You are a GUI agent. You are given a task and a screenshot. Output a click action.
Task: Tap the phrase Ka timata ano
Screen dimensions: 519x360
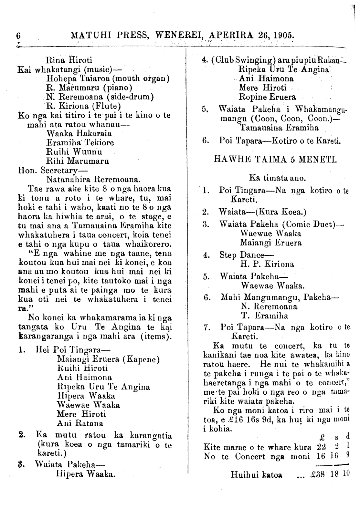[x=278, y=178]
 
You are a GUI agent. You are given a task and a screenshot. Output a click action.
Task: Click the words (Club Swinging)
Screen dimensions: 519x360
[x=243, y=60]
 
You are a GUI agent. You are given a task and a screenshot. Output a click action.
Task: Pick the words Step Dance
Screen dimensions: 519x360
[x=246, y=255]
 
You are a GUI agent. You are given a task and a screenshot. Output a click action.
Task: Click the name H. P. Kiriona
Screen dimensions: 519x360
[x=267, y=264]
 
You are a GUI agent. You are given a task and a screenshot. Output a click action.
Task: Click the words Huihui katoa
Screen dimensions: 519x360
[x=256, y=475]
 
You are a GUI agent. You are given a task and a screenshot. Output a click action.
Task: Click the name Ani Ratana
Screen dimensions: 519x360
[x=80, y=423]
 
